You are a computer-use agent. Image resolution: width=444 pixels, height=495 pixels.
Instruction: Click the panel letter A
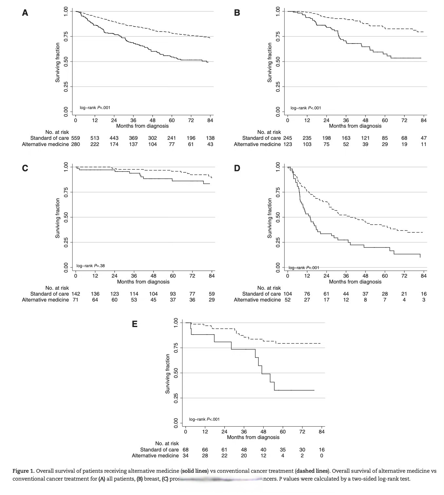[x=25, y=13]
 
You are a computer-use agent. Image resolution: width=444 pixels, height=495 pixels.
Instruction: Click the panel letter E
[x=134, y=324]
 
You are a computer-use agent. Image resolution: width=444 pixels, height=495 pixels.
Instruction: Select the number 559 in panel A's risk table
[x=76, y=138]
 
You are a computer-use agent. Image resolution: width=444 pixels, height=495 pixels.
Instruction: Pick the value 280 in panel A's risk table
[x=76, y=144]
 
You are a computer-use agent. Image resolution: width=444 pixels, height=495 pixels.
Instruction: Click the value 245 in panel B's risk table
[x=287, y=138]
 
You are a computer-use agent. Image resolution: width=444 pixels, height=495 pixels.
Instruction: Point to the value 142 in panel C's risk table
[x=76, y=294]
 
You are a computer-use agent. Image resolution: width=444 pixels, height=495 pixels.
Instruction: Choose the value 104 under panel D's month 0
[x=287, y=294]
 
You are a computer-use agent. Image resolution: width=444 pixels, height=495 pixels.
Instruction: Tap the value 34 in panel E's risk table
[x=186, y=455]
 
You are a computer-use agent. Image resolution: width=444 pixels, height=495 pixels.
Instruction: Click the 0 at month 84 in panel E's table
[x=322, y=455]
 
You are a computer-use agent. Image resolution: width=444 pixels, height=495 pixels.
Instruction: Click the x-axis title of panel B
[x=355, y=126]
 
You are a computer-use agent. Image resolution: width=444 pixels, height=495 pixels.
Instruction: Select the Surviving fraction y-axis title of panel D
[x=269, y=218]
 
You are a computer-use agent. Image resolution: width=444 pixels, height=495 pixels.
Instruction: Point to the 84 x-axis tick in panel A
[x=210, y=120]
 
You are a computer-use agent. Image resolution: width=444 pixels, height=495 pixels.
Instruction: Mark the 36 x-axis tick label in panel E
[x=244, y=432]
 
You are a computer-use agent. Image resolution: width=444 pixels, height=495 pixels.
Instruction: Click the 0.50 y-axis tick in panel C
[x=66, y=217]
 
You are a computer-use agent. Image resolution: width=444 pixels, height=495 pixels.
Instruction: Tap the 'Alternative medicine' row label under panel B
[x=257, y=144]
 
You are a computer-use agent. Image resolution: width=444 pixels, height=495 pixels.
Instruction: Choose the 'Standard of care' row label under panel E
[x=159, y=449]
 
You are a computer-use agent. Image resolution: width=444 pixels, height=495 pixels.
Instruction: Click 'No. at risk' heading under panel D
[x=269, y=288]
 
